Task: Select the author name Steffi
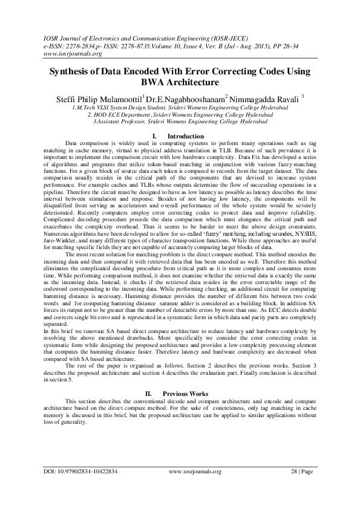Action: (83, 97)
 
